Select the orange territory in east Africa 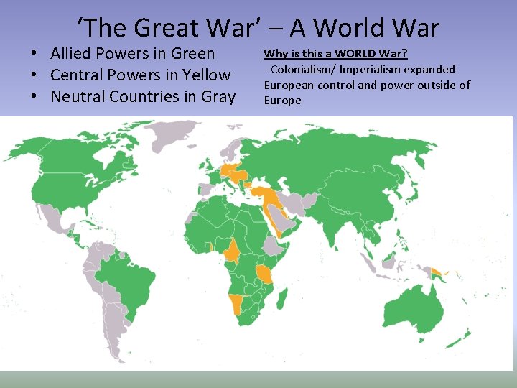point(265,274)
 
